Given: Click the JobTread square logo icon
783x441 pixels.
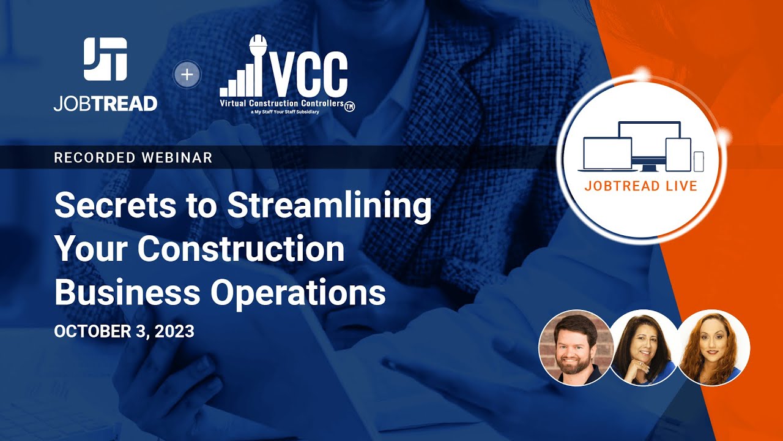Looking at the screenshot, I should [x=105, y=59].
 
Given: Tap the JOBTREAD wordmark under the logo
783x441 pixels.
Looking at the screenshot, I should [x=105, y=104].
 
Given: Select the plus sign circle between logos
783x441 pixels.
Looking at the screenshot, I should [x=187, y=75].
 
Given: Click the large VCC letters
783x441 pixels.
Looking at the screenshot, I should [x=308, y=73].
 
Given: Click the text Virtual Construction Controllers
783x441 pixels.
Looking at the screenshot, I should [x=281, y=104].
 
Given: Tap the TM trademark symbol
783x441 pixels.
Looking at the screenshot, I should [x=350, y=106].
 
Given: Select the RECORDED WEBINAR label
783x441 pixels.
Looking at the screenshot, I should [x=133, y=157].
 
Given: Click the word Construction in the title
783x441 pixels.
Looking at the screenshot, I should [x=241, y=249].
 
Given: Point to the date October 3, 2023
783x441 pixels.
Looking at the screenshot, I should [x=124, y=331].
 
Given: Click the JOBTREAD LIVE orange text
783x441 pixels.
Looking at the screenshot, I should [x=640, y=186].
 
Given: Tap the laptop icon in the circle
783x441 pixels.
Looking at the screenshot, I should [x=606, y=154].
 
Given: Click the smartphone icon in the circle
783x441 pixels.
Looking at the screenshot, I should [x=699, y=161].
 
